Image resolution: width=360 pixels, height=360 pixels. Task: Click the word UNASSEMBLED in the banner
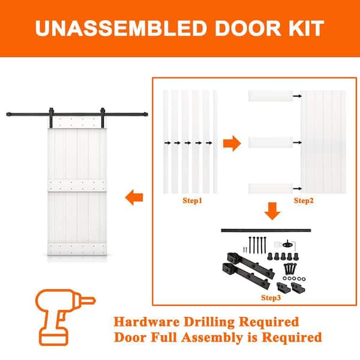click(114, 28)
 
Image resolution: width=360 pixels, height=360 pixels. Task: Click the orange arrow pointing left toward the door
click(134, 196)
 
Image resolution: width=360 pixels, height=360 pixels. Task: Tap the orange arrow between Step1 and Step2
click(231, 143)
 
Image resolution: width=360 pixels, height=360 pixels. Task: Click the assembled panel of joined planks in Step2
click(323, 142)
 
